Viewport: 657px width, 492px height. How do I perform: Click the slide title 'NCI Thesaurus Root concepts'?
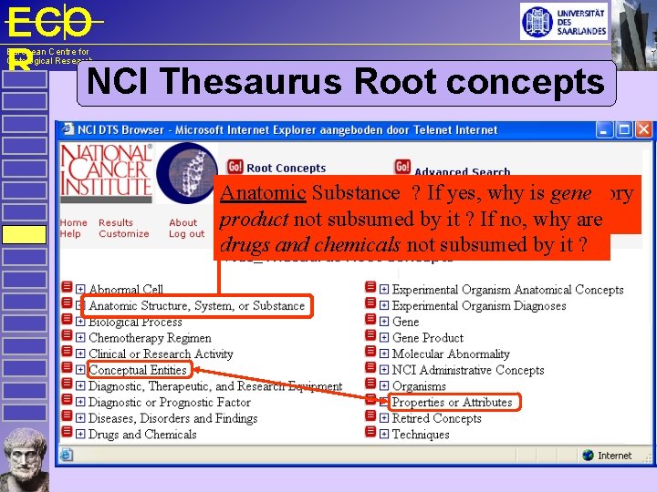[347, 82]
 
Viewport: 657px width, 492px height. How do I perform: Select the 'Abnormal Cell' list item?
[126, 290]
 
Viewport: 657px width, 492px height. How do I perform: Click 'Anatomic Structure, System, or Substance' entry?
[196, 306]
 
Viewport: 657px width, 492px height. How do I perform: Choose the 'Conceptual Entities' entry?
[138, 370]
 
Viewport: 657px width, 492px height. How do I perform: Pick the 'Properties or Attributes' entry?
[452, 402]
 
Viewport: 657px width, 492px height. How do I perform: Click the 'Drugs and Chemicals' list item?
[141, 435]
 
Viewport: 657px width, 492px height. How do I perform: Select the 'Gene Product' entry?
[427, 338]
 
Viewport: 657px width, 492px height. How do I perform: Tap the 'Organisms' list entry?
[421, 386]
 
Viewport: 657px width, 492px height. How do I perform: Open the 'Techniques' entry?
[421, 435]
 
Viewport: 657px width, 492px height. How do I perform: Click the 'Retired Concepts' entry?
[436, 418]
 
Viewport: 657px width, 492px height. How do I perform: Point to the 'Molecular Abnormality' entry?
[451, 354]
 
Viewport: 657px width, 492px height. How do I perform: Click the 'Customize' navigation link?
[123, 234]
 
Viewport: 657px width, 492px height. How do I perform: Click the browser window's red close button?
[642, 130]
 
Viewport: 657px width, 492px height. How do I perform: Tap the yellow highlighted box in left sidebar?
[24, 234]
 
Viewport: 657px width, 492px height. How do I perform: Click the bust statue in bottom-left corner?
[25, 459]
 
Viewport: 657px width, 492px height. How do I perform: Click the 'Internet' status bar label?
[614, 456]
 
